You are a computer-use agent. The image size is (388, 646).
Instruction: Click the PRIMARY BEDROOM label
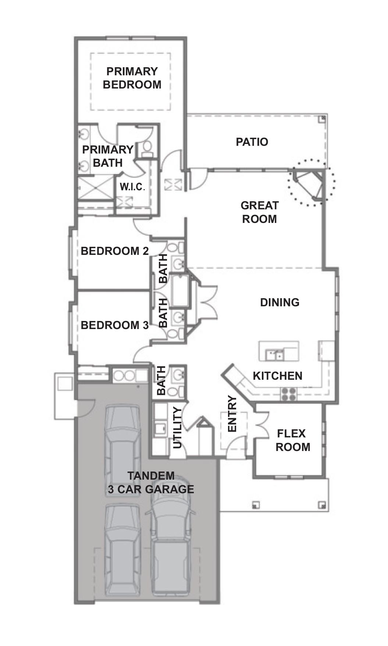coord(132,78)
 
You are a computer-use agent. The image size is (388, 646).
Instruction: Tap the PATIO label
coord(252,142)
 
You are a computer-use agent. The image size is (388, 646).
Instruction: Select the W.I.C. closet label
coord(132,187)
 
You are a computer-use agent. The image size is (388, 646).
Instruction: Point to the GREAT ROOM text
coord(259,212)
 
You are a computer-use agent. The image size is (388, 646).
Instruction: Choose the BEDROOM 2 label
coord(115,251)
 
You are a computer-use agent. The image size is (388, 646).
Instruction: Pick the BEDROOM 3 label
coord(115,325)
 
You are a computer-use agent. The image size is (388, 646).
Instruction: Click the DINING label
coord(280,302)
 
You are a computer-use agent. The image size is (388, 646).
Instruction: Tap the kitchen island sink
coord(274,355)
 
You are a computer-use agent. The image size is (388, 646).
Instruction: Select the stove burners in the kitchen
coord(289,394)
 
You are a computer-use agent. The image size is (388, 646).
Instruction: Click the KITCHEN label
coord(278,376)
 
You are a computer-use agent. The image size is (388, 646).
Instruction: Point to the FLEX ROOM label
coord(293,440)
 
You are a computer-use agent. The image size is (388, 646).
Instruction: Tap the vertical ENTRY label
coord(232,414)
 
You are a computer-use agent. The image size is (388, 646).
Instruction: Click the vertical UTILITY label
coord(177,428)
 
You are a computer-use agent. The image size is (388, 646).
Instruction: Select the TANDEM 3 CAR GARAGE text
coord(151,482)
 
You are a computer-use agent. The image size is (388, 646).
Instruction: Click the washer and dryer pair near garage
coord(124,376)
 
